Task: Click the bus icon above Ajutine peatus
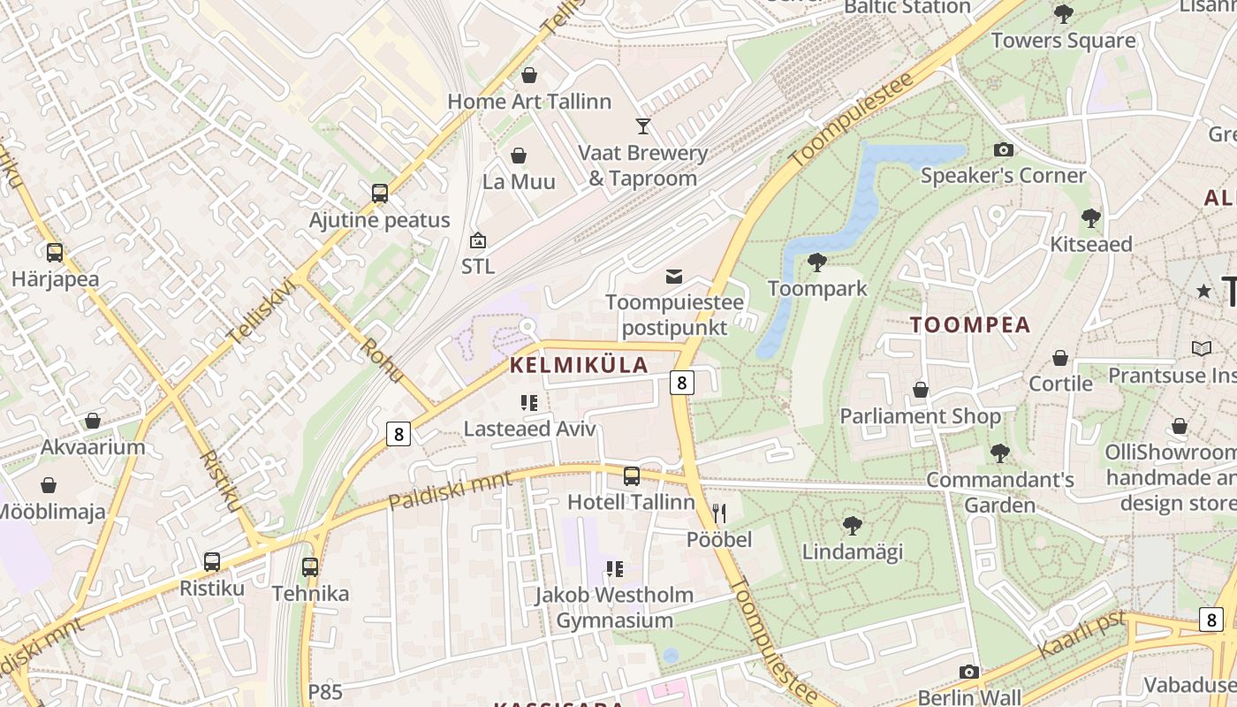pos(380,194)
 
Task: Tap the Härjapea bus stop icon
pos(55,253)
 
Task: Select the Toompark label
pos(817,289)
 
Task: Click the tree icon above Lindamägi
pos(853,526)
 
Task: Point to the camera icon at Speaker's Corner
pos(1003,150)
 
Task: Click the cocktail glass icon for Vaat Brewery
pos(643,126)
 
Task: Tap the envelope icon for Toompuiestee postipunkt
pos(674,277)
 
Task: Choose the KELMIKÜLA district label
pos(579,365)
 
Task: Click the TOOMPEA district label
pos(970,324)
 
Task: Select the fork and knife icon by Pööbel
pos(719,513)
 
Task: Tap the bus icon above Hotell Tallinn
pos(632,476)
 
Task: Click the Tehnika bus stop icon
pos(310,567)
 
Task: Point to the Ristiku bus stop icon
pos(212,562)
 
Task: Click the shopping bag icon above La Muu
pos(519,156)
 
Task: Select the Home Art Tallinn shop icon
pos(529,75)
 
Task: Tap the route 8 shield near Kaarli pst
pos(1210,619)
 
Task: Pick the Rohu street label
pos(382,361)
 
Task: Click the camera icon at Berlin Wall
pos(969,672)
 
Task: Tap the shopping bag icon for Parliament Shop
pos(921,390)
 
